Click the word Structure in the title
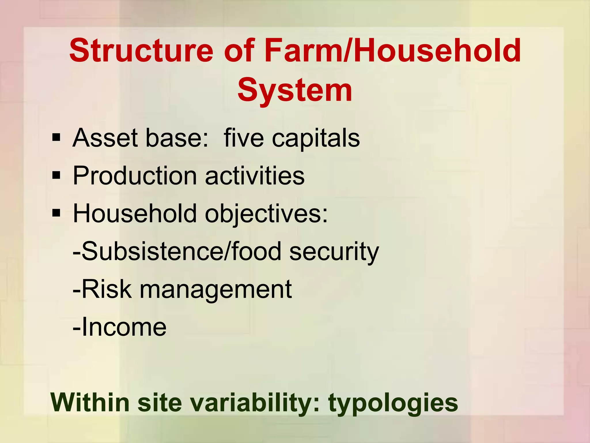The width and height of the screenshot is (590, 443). (x=141, y=51)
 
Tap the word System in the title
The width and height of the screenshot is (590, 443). (x=295, y=90)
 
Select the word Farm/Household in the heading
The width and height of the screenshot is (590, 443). (x=393, y=51)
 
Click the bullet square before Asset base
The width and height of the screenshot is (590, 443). (x=56, y=138)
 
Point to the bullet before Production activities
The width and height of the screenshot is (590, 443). (x=56, y=175)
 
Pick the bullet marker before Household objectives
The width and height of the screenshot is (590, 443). (x=56, y=213)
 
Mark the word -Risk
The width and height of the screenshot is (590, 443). (x=102, y=289)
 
